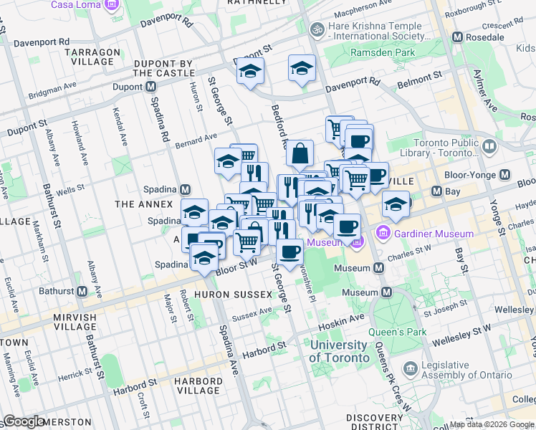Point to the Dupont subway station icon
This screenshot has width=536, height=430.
[x=150, y=87]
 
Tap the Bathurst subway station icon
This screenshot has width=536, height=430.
[x=82, y=292]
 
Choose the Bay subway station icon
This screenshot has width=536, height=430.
[x=436, y=191]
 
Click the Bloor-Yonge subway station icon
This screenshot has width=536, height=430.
[x=504, y=175]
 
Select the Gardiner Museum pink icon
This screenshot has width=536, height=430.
[x=382, y=234]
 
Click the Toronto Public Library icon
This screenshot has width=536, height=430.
[x=489, y=147]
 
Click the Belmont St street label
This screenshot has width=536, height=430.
[x=419, y=77]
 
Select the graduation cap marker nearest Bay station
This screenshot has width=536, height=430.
[x=396, y=204]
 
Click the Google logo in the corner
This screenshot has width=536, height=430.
[x=24, y=421]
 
